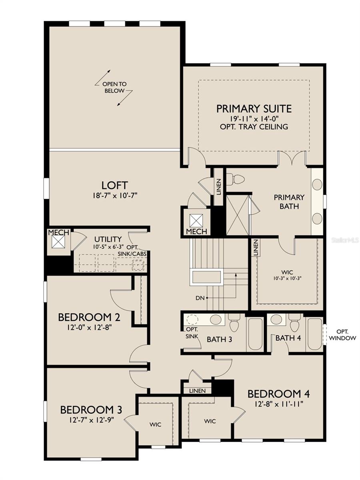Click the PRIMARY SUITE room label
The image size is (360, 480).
click(x=254, y=109)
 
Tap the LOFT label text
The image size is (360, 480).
click(x=114, y=186)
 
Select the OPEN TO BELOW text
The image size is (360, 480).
click(x=114, y=87)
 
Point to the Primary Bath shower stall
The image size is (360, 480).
click(x=238, y=215)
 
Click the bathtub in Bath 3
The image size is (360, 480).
click(x=255, y=334)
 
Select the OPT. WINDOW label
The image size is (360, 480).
click(x=342, y=335)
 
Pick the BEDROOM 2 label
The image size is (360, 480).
click(x=89, y=318)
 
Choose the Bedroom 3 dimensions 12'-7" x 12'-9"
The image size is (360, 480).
click(x=92, y=420)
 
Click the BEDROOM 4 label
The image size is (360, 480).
click(x=279, y=394)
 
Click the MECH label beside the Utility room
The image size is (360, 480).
click(x=59, y=233)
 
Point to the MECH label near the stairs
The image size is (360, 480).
click(x=196, y=232)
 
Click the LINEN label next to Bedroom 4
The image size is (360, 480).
click(x=197, y=391)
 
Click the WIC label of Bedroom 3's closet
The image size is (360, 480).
click(x=155, y=424)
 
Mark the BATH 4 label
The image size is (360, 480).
click(x=288, y=338)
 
